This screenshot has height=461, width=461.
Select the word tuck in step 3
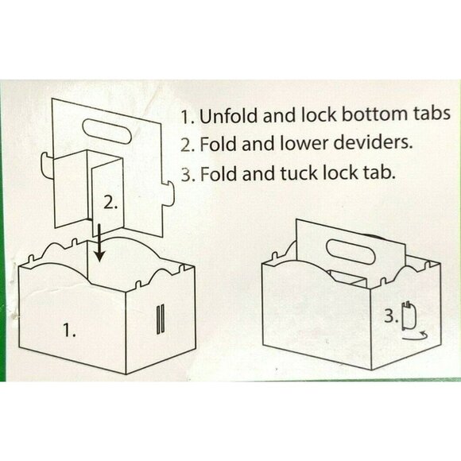click(x=298, y=173)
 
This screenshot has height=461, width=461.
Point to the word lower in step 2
click(x=304, y=144)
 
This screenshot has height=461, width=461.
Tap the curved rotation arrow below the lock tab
click(x=415, y=337)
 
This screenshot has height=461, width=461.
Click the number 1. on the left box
click(x=69, y=330)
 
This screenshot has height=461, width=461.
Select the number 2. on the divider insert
click(x=110, y=203)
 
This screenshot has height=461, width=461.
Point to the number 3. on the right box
click(x=391, y=316)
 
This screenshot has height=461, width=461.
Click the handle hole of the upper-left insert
click(x=107, y=131)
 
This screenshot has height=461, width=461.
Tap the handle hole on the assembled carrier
click(x=351, y=252)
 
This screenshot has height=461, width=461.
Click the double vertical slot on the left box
click(x=160, y=320)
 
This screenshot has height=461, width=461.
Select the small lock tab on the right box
click(x=409, y=316)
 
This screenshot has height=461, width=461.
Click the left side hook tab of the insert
click(x=47, y=165)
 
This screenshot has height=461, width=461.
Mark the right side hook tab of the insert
click(x=168, y=194)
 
